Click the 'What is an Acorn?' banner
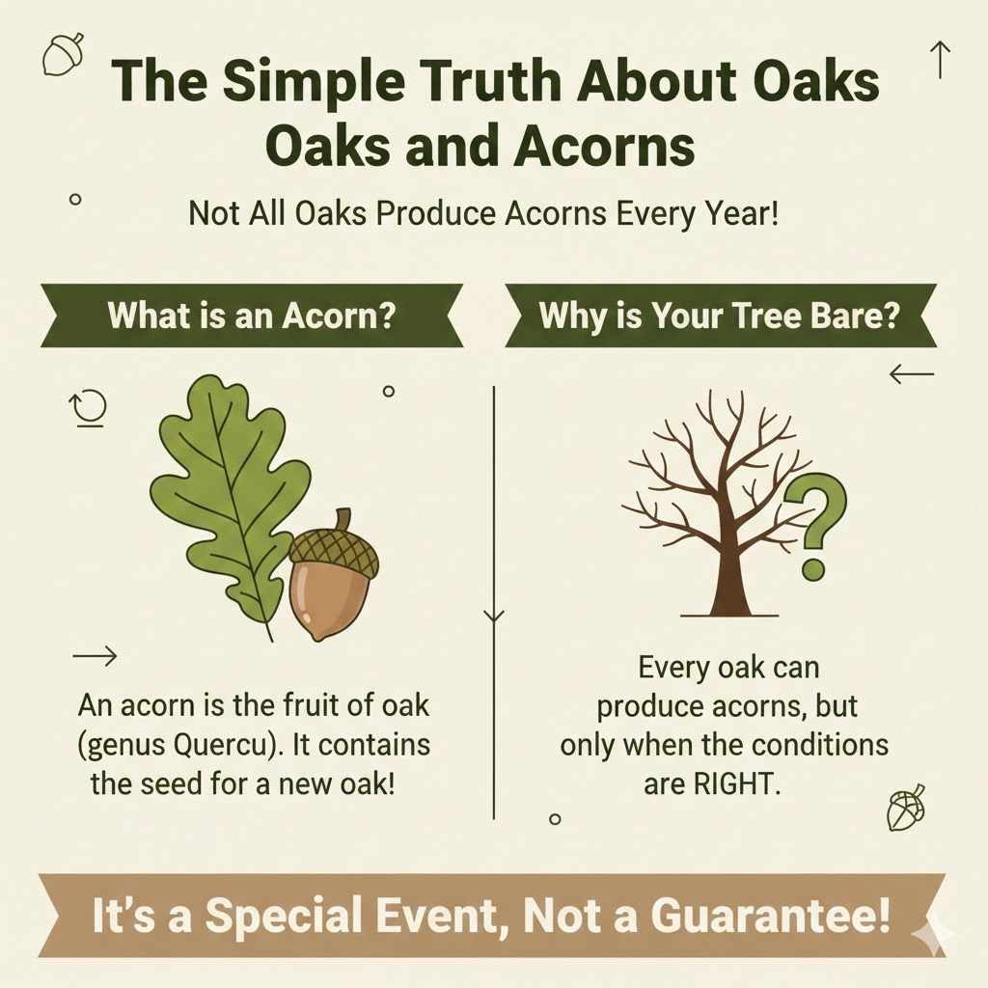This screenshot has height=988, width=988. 251,316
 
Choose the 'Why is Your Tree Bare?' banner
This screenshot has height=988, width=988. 719,316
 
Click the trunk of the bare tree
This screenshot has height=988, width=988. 728,579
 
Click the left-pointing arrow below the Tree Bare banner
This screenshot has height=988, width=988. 912,373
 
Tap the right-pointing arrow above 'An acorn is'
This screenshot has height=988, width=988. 95,657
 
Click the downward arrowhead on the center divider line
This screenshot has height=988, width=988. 494,616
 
